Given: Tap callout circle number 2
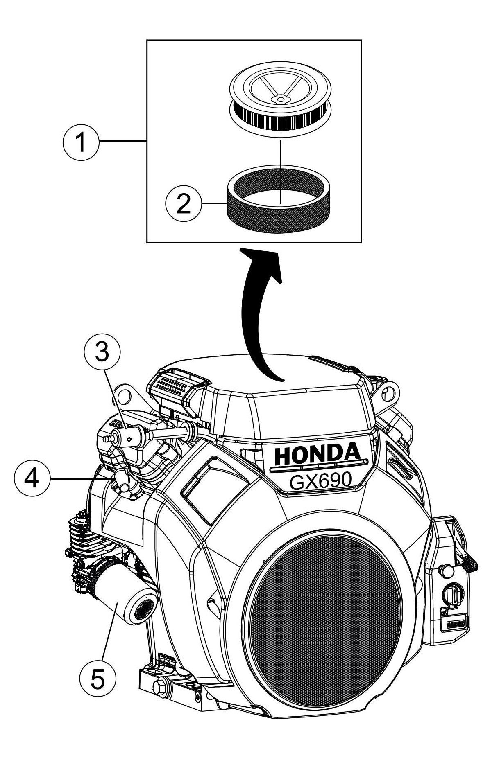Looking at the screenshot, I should tap(184, 203).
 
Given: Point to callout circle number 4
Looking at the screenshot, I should tap(32, 478).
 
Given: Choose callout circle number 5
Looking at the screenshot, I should tap(98, 677).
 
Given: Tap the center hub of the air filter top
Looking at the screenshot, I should tap(281, 98).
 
